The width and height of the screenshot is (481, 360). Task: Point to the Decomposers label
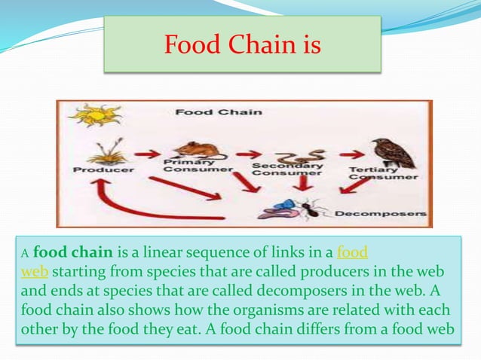[x=381, y=214]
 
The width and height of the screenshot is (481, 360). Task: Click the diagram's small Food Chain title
[x=219, y=113]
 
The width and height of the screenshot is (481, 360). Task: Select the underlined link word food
[x=352, y=251]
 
